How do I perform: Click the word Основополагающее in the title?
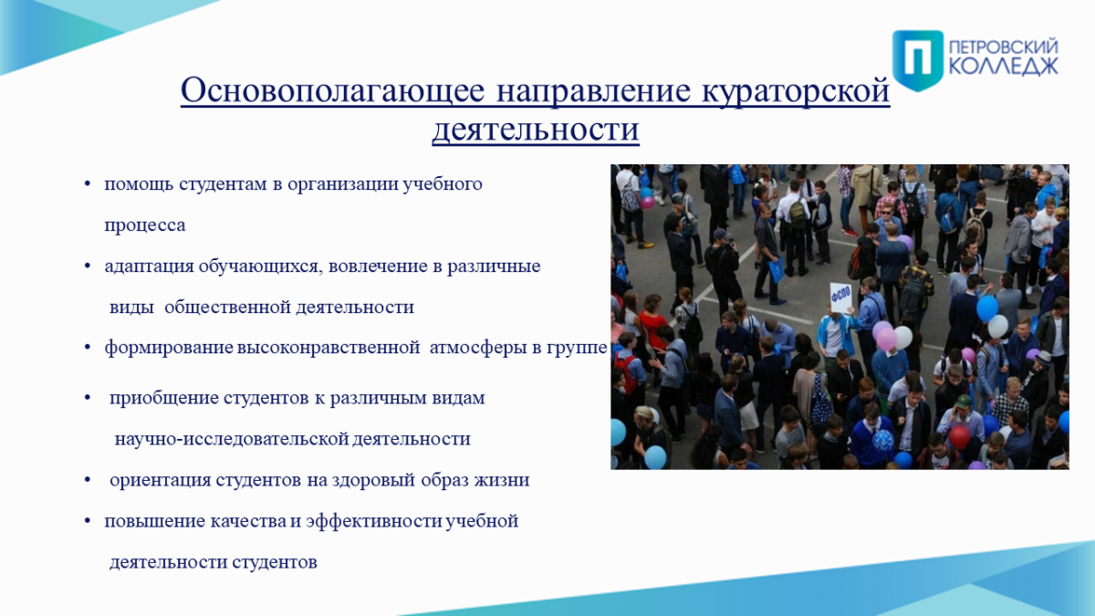(x=333, y=91)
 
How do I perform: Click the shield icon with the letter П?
(x=918, y=60)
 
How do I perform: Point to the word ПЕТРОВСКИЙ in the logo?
(x=1004, y=48)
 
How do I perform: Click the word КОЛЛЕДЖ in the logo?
(x=1004, y=67)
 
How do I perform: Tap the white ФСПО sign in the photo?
(x=840, y=298)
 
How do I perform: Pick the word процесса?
(x=145, y=226)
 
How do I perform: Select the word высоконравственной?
(x=328, y=348)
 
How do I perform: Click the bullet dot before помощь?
(x=88, y=184)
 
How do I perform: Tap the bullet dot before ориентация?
(x=88, y=480)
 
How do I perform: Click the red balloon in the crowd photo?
(x=959, y=436)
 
